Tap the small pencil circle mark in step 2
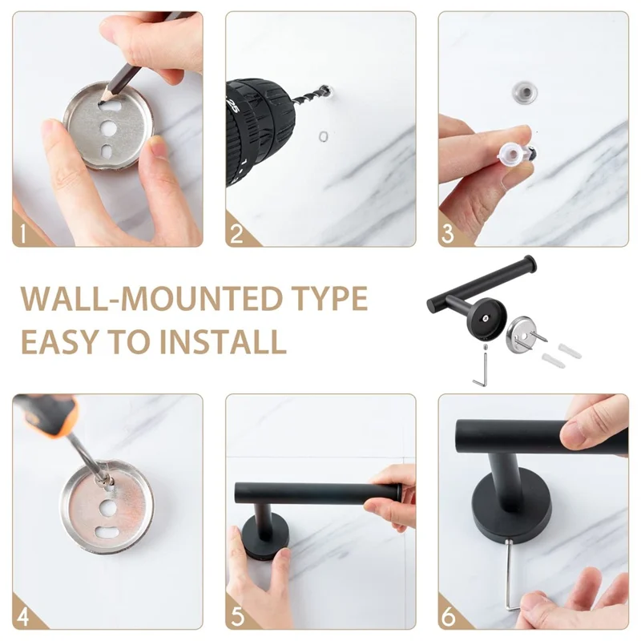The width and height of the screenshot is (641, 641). click(x=322, y=136)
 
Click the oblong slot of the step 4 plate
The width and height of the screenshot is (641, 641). click(x=107, y=531)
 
